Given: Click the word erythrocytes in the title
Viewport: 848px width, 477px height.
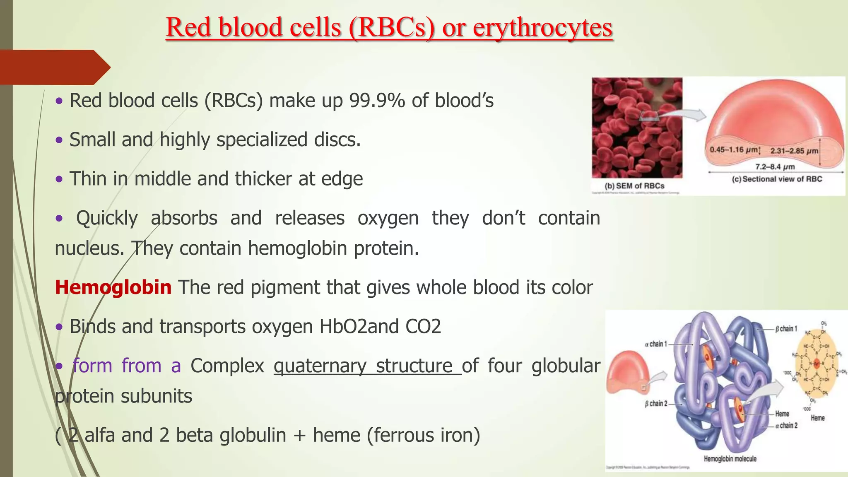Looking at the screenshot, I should (542, 27).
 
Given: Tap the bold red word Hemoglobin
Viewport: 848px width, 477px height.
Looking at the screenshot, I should (113, 287).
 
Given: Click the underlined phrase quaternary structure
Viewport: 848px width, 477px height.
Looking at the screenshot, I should (367, 366).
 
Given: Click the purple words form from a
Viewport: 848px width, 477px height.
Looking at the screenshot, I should (126, 366).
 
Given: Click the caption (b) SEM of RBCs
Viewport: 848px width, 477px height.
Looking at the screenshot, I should (634, 186).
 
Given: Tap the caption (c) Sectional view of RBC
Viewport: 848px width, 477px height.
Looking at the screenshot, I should (777, 179).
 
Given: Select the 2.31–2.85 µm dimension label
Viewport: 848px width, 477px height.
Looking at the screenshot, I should (794, 151).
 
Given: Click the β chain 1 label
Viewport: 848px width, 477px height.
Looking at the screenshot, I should (786, 329).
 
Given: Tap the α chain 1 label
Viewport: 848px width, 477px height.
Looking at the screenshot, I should (656, 344).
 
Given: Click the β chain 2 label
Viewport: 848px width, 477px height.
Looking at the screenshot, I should (656, 403).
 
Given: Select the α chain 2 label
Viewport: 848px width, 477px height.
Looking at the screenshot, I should (786, 425).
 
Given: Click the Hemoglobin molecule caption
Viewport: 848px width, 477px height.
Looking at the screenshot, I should (730, 459).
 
